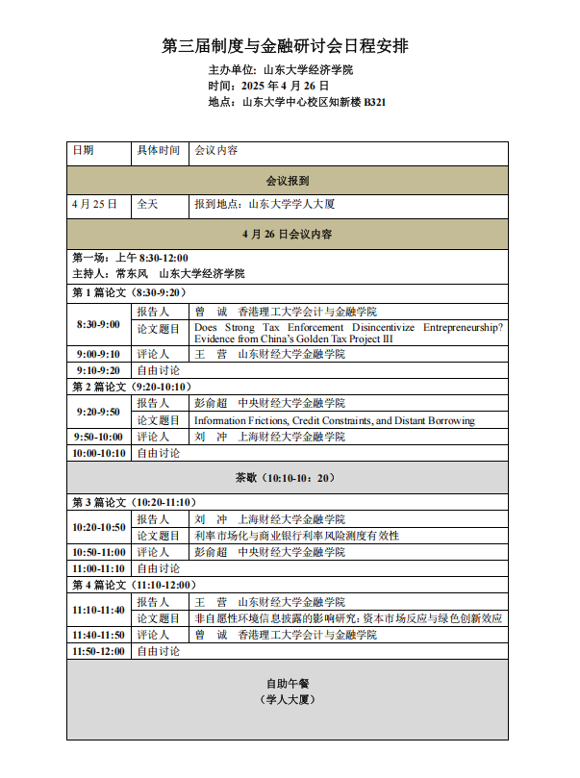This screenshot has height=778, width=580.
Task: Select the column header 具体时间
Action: [158, 151]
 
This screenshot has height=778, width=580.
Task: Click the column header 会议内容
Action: [216, 151]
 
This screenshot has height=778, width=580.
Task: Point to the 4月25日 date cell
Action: [94, 204]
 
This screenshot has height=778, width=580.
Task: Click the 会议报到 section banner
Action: [287, 180]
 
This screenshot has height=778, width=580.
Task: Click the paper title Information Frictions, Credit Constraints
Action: [334, 420]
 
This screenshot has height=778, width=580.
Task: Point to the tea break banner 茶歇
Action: [287, 478]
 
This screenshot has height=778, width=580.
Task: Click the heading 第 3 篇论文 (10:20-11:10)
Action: [134, 502]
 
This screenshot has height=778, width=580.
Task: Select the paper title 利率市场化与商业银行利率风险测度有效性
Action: [296, 536]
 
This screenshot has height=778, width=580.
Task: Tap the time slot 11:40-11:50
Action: [98, 635]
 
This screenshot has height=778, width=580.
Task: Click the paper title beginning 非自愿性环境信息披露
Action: [347, 618]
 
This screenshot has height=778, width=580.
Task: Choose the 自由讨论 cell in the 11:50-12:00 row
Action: [158, 651]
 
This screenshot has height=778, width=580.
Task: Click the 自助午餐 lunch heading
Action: [287, 684]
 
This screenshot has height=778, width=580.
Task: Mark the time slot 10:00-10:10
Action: [98, 453]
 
